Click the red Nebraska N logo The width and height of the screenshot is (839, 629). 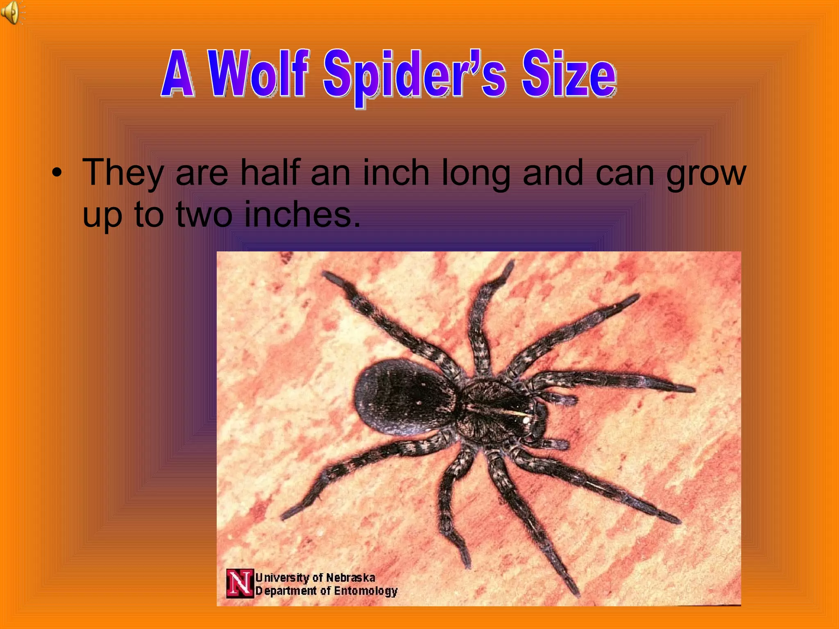[240, 583]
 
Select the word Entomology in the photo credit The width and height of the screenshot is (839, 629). [366, 591]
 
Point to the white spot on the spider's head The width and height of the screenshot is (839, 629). [526, 420]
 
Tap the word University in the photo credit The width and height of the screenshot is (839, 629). [282, 578]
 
